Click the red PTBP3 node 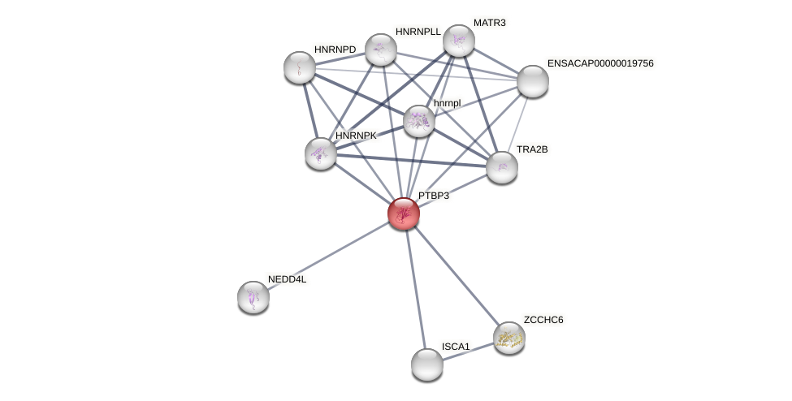pos(403,213)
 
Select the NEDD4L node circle pos(253,297)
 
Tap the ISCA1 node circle pos(427,364)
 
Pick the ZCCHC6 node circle pos(509,338)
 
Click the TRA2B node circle pos(502,167)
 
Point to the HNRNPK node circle pos(321,153)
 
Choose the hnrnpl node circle pos(418,121)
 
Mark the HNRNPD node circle pos(300,67)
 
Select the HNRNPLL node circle pos(380,50)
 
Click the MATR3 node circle pos(459,41)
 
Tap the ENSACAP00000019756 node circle pos(533,81)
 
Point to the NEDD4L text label pos(287,279)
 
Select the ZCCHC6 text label pos(543,320)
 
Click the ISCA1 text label pos(455,347)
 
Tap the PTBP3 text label pos(433,196)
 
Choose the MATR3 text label pos(489,23)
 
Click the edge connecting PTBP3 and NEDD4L pos(328,255)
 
